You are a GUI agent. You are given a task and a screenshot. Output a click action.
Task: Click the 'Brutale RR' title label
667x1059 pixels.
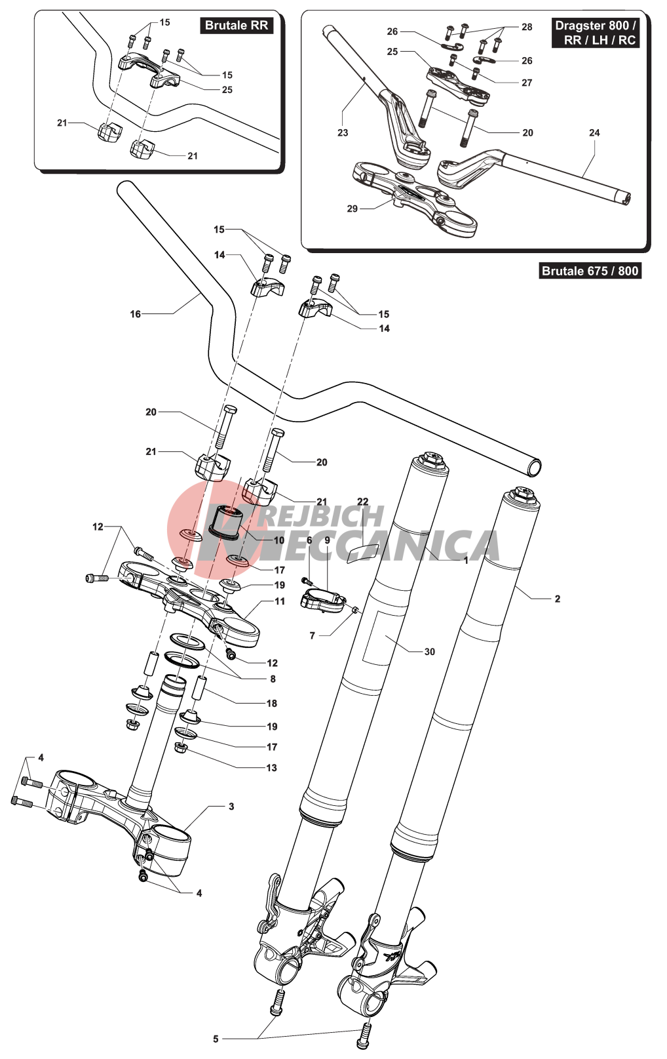[x=236, y=26]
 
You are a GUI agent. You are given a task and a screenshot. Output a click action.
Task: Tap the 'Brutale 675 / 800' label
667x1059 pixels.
[x=590, y=271]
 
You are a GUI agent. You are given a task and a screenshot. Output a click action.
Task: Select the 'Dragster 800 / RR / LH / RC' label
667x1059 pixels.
[x=595, y=33]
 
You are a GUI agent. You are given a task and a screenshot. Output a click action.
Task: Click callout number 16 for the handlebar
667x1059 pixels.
[x=135, y=314]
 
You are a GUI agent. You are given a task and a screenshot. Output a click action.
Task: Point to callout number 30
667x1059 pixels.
[x=429, y=652]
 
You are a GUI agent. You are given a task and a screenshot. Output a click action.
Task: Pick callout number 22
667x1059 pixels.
[x=363, y=502]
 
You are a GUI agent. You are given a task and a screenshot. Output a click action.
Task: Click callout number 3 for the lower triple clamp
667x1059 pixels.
[x=231, y=807]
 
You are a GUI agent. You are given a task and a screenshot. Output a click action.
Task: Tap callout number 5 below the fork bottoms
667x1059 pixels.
[x=216, y=1039]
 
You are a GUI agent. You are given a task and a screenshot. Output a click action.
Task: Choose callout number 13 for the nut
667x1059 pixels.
[x=271, y=768]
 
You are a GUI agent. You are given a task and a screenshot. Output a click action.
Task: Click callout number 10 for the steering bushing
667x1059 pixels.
[x=279, y=541]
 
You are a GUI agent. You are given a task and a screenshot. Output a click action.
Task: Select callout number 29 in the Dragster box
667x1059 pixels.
[x=353, y=209]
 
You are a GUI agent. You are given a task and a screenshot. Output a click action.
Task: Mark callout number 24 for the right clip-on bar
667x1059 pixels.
[x=594, y=132]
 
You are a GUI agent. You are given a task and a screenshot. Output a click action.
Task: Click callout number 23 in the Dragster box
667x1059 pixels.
[x=343, y=132]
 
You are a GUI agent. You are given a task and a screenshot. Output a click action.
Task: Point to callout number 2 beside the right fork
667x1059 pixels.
[x=557, y=599]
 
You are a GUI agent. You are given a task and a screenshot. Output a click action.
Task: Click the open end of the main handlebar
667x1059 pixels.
[x=535, y=468]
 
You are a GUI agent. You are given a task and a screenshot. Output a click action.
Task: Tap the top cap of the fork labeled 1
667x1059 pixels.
[x=430, y=459]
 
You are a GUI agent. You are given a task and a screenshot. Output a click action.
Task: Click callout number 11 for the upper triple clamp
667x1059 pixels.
[x=280, y=601]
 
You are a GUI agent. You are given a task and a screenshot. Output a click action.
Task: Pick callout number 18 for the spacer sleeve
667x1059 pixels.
[x=271, y=704]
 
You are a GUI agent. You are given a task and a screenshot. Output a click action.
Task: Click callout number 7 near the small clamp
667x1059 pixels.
[x=313, y=635]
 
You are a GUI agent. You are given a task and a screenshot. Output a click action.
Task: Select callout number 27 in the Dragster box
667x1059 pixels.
[x=527, y=83]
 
